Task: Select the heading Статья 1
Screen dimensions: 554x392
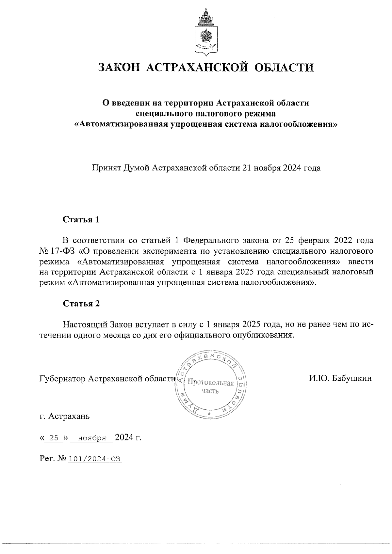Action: (x=81, y=219)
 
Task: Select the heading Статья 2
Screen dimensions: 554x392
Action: (x=81, y=304)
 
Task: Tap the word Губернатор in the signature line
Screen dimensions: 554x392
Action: (x=63, y=378)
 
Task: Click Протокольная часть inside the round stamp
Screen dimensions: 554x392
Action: (x=210, y=387)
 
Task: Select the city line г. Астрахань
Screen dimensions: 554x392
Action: (x=64, y=417)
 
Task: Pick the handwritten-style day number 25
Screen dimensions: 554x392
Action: (x=54, y=437)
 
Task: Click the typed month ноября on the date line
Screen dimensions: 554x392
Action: (x=91, y=437)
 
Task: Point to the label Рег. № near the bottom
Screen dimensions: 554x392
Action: (x=52, y=459)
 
